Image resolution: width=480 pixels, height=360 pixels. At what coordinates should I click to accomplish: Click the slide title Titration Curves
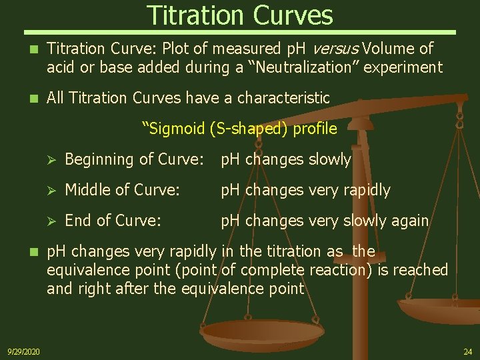click(x=239, y=15)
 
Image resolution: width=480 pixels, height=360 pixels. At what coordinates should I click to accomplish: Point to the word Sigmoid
click(x=175, y=128)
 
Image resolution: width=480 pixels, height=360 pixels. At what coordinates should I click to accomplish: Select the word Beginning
click(x=97, y=159)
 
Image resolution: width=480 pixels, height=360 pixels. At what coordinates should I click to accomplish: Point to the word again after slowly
click(x=410, y=221)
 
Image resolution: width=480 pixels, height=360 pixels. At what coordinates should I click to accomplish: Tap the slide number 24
click(x=467, y=351)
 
